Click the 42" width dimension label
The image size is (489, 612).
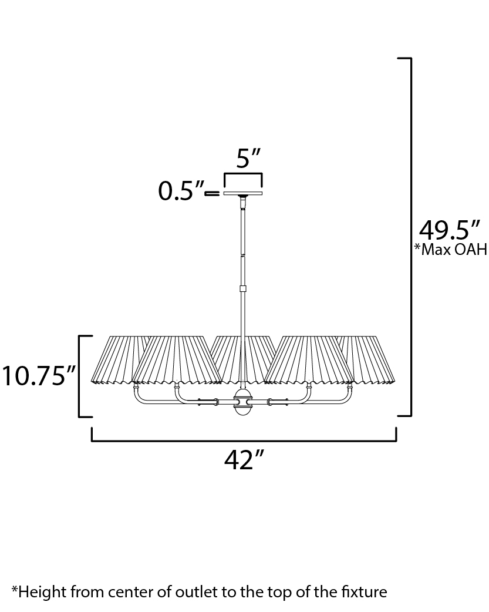244,460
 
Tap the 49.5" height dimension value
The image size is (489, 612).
449,231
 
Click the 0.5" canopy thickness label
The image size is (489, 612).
181,191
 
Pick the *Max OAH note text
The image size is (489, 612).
451,249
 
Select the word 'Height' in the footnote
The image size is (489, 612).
42,593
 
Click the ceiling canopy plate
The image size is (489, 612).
243,193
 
